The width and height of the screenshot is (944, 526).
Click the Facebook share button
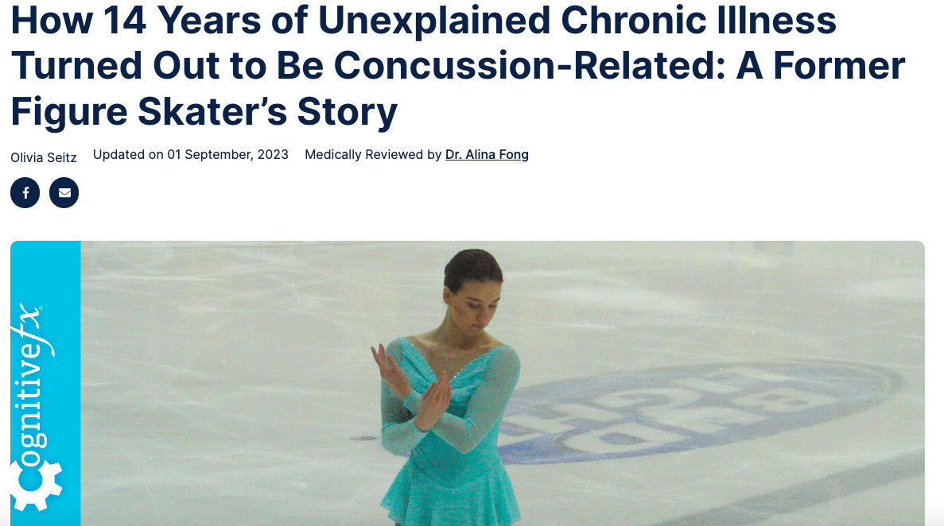click(x=25, y=192)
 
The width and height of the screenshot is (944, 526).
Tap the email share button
click(x=64, y=192)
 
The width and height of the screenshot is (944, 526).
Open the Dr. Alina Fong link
click(x=487, y=155)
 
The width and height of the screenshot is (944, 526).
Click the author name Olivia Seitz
click(x=44, y=157)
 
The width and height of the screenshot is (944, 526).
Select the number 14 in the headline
click(x=125, y=20)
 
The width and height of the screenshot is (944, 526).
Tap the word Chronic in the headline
click(x=633, y=20)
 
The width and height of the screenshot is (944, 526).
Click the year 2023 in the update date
click(x=273, y=155)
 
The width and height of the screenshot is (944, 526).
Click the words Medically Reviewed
click(x=364, y=155)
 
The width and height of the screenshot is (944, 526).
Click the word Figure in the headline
click(x=69, y=113)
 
